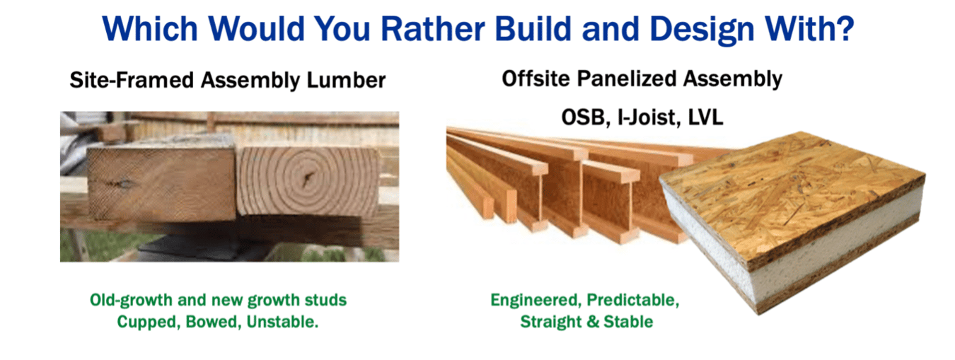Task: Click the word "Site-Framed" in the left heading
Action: tap(132, 80)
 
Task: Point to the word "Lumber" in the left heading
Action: tap(347, 80)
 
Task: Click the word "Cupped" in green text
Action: tap(145, 321)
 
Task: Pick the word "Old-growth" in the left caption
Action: tap(127, 300)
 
